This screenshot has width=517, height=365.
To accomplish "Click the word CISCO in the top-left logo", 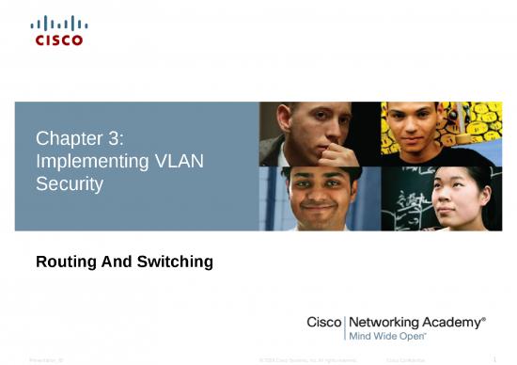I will point(59,40).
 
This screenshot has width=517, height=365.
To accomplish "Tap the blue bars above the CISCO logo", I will point(59,24).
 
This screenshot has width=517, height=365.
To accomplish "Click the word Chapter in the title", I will point(66,139).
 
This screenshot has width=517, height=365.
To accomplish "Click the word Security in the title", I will point(69,183).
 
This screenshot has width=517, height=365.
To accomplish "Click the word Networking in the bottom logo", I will point(386,322).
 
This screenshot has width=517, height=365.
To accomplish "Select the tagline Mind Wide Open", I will point(387,335).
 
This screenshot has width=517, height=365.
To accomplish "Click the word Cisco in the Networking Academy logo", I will point(325,322).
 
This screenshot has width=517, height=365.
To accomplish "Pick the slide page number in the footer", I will point(494,358).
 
